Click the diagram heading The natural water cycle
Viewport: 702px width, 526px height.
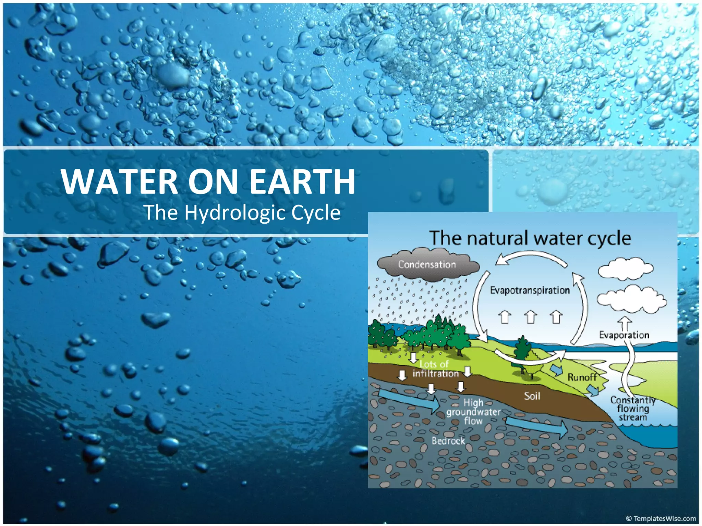530,238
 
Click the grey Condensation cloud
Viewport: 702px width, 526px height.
427,265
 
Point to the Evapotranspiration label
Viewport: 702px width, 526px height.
530,290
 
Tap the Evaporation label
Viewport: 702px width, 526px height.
624,335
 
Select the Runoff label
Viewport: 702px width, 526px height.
582,377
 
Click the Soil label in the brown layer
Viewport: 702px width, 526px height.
532,396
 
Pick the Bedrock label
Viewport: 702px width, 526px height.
448,441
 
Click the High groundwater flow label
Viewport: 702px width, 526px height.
473,412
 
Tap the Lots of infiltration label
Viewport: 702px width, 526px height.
435,369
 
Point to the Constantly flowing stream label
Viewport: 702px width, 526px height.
632,409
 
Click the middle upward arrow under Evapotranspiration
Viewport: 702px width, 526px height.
530,316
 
